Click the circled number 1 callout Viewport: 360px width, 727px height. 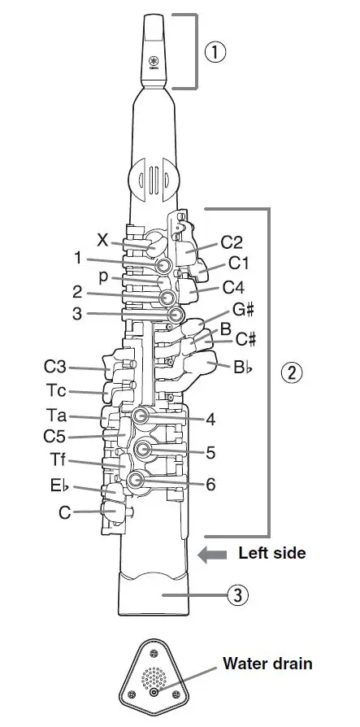pos(215,53)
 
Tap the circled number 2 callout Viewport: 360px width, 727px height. pos(292,372)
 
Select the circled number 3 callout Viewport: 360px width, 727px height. pos(237,595)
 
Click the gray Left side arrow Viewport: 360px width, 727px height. pos(212,555)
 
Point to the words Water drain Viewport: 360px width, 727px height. pos(267,663)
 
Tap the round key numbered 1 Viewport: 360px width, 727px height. pos(164,265)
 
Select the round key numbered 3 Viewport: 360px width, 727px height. pos(176,315)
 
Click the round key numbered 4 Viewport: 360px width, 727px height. pos(140,416)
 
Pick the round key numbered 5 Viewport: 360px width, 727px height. pos(142,449)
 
